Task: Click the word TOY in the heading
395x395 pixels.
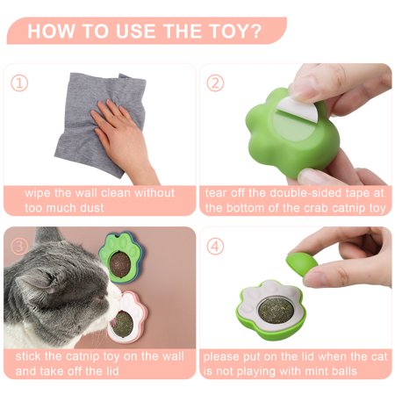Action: [229, 31]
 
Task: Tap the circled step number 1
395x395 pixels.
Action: [19, 83]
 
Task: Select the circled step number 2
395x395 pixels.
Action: [215, 83]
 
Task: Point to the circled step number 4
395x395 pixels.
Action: [215, 246]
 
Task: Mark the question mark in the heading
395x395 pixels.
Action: [255, 31]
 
